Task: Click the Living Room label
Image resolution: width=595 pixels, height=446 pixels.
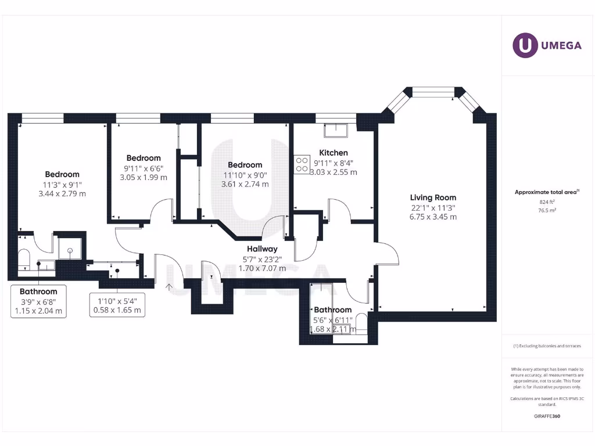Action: pyautogui.click(x=433, y=197)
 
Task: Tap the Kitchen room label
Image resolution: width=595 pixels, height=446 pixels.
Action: pyautogui.click(x=334, y=153)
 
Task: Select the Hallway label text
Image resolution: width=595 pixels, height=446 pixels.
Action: pyautogui.click(x=262, y=249)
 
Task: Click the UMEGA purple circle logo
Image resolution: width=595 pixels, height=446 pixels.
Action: pyautogui.click(x=525, y=46)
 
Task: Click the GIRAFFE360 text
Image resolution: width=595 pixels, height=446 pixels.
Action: pyautogui.click(x=547, y=416)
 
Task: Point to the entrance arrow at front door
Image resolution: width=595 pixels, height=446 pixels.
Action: pyautogui.click(x=170, y=286)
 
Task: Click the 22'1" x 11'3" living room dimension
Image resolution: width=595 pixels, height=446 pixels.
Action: pyautogui.click(x=433, y=207)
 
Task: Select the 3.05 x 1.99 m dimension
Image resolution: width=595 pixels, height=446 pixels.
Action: pyautogui.click(x=144, y=178)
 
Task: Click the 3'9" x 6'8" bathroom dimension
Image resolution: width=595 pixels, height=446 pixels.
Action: pyautogui.click(x=38, y=301)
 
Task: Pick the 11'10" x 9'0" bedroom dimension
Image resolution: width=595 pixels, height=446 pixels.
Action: pyautogui.click(x=245, y=175)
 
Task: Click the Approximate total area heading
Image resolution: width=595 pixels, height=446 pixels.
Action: pyautogui.click(x=546, y=192)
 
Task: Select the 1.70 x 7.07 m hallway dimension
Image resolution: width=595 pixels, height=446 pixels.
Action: pyautogui.click(x=262, y=268)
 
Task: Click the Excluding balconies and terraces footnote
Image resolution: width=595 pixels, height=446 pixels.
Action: pyautogui.click(x=547, y=346)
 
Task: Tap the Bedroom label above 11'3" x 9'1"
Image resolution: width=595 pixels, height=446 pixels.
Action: pyautogui.click(x=62, y=174)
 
